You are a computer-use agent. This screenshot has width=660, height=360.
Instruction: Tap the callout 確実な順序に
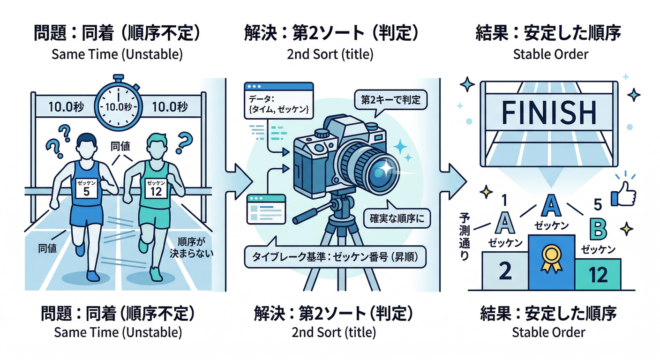click(397, 218)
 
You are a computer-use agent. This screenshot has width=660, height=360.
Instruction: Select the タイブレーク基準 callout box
click(336, 257)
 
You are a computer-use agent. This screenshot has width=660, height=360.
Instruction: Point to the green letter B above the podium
click(598, 229)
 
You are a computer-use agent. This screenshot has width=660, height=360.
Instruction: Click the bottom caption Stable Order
click(548, 333)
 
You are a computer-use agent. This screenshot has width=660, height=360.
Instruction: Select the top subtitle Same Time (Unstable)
click(117, 54)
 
